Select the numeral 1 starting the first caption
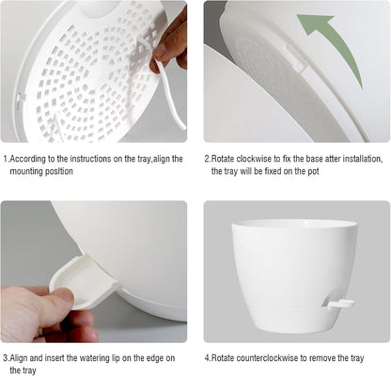[5, 160]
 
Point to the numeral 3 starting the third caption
[5, 358]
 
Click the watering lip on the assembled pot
[339, 304]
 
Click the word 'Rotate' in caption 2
[227, 160]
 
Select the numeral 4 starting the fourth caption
[208, 358]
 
